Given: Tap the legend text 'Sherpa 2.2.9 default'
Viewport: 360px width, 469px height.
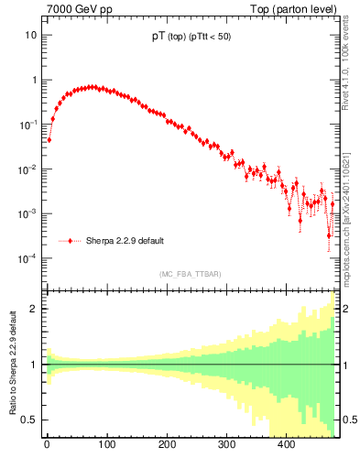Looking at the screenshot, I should click(x=125, y=241).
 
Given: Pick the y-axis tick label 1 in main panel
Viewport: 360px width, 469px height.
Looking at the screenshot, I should click(x=34, y=80).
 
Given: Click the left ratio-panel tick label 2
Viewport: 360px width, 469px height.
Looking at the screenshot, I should click(x=35, y=309).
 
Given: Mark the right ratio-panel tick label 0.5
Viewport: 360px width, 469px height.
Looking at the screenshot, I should click(x=349, y=420).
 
